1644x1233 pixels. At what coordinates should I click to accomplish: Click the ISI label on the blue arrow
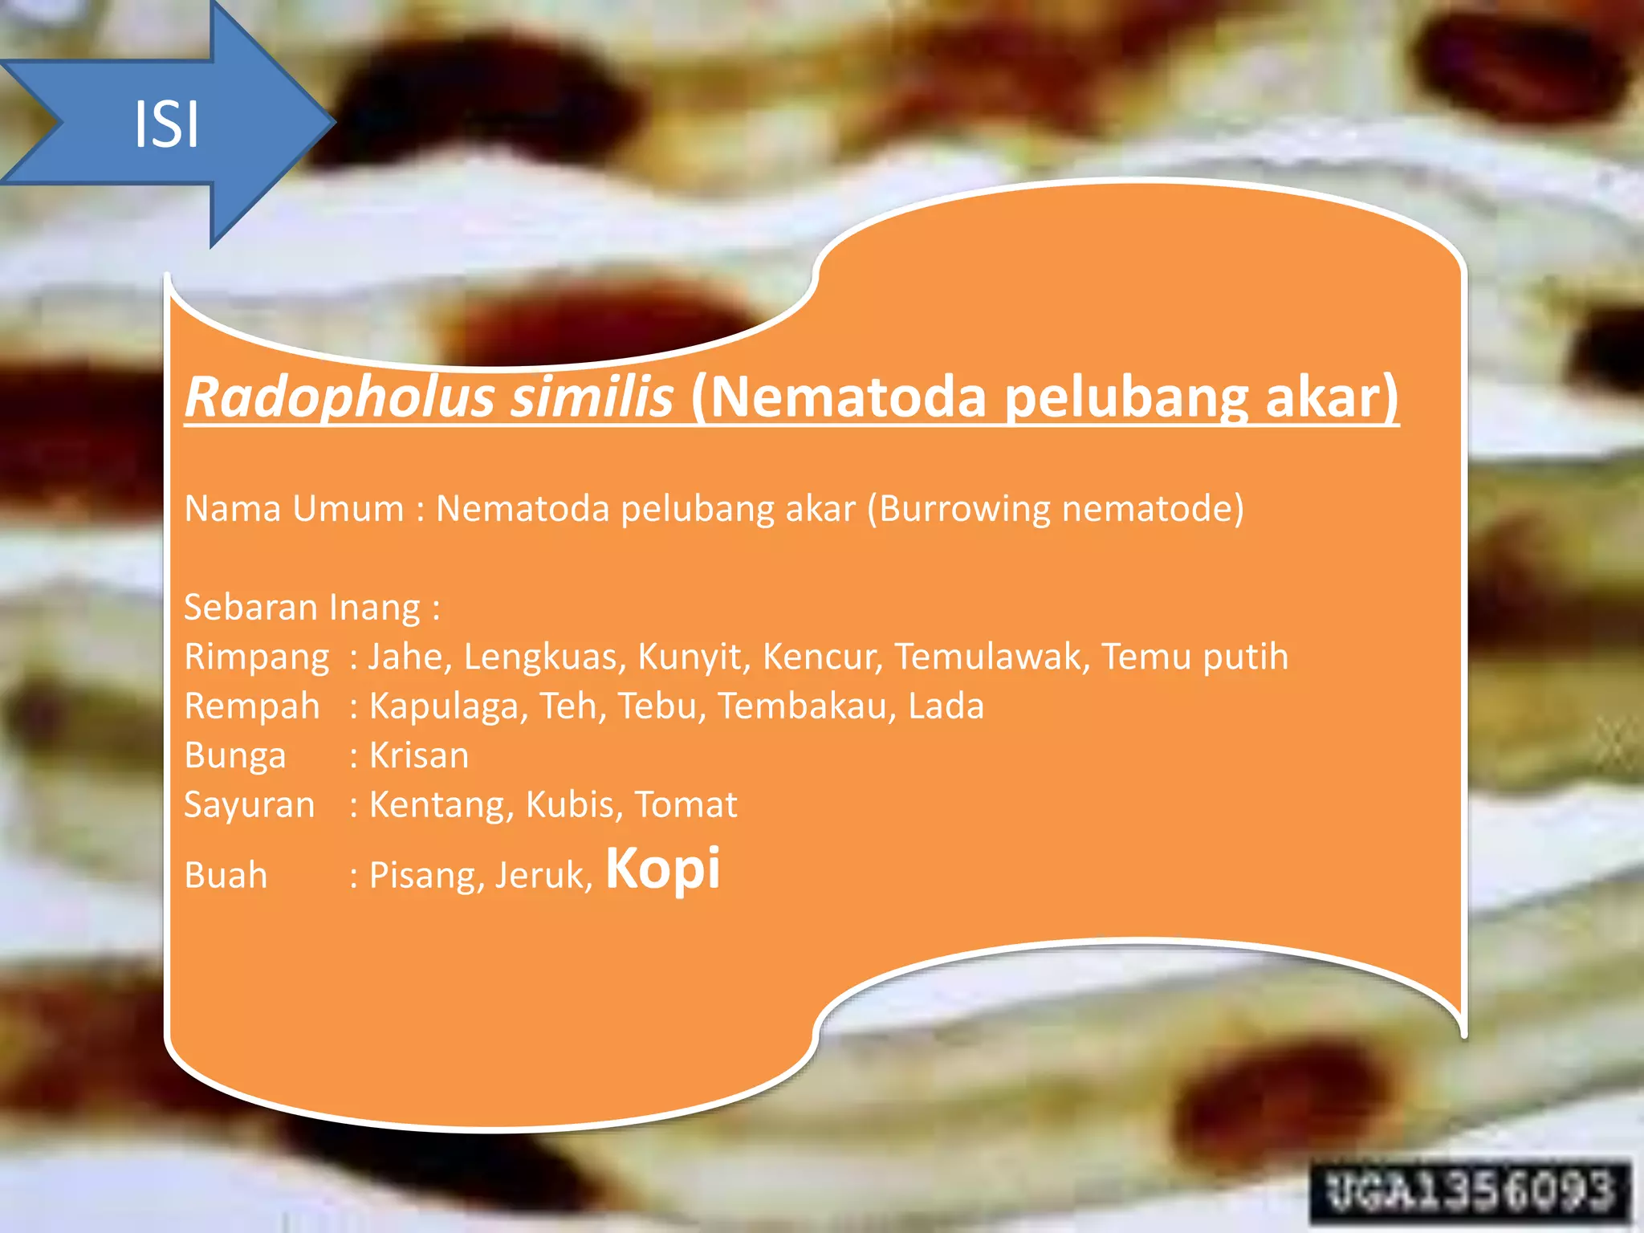click(166, 124)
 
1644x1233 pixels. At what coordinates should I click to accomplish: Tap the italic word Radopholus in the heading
click(339, 397)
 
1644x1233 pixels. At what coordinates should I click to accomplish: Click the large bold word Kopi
click(663, 869)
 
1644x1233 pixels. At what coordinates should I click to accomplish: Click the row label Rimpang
click(257, 657)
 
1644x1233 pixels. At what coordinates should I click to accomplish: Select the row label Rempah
click(252, 706)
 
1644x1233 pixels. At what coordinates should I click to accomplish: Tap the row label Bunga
click(235, 756)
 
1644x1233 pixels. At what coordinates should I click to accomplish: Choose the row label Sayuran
click(250, 805)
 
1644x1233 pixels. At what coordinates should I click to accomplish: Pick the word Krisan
click(419, 756)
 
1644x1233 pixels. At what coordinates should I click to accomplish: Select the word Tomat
click(686, 805)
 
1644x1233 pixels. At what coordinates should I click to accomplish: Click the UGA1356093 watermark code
click(1470, 1191)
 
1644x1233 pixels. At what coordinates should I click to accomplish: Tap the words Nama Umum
click(294, 509)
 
